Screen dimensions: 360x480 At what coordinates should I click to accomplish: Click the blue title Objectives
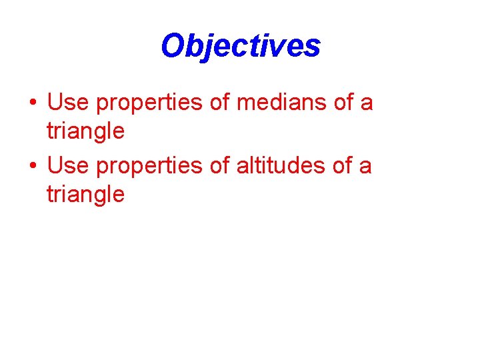pos(240,46)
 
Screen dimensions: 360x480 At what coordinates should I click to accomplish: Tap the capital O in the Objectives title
pos(173,46)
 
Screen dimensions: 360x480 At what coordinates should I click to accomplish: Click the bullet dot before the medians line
pos(32,104)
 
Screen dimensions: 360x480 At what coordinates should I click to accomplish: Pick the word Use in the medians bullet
pos(69,103)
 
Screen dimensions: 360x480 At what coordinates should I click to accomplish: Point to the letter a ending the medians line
pos(367,104)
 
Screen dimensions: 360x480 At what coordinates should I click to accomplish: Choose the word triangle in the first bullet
pos(85,132)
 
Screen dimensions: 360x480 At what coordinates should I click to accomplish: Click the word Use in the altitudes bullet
pos(69,165)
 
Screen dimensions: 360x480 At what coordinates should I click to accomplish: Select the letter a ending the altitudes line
pos(365,167)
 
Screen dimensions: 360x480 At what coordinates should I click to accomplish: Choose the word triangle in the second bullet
pos(85,195)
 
